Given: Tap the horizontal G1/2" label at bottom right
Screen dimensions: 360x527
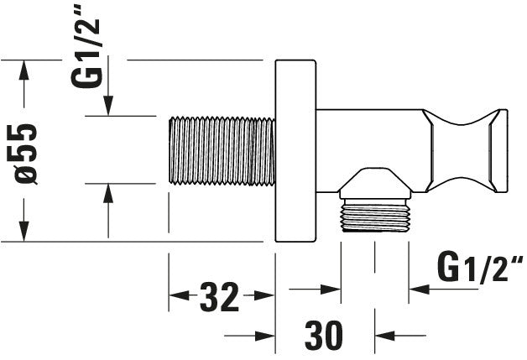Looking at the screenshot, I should click(479, 269).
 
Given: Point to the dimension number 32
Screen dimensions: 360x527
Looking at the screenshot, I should click(221, 296).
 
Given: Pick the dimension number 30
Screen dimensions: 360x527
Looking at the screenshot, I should click(324, 336).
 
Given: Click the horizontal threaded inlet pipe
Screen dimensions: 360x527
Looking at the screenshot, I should click(222, 150).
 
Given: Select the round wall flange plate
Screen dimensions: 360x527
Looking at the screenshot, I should click(295, 150).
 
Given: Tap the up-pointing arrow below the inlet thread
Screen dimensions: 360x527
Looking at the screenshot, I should click(108, 194).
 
